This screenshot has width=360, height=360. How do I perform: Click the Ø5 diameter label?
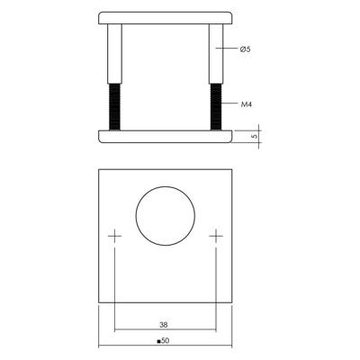point(245,49)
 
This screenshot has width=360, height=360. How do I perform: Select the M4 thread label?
point(247,104)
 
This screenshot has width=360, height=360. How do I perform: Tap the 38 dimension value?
point(164,324)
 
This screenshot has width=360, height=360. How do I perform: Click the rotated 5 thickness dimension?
point(255,136)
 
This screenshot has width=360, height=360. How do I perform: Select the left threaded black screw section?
point(114,107)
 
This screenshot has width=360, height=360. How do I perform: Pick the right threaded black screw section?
point(216,107)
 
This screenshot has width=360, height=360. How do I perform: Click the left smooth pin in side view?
point(114,54)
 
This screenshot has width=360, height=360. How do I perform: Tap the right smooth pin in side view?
point(216,54)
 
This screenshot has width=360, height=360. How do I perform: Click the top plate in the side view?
point(166,18)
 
